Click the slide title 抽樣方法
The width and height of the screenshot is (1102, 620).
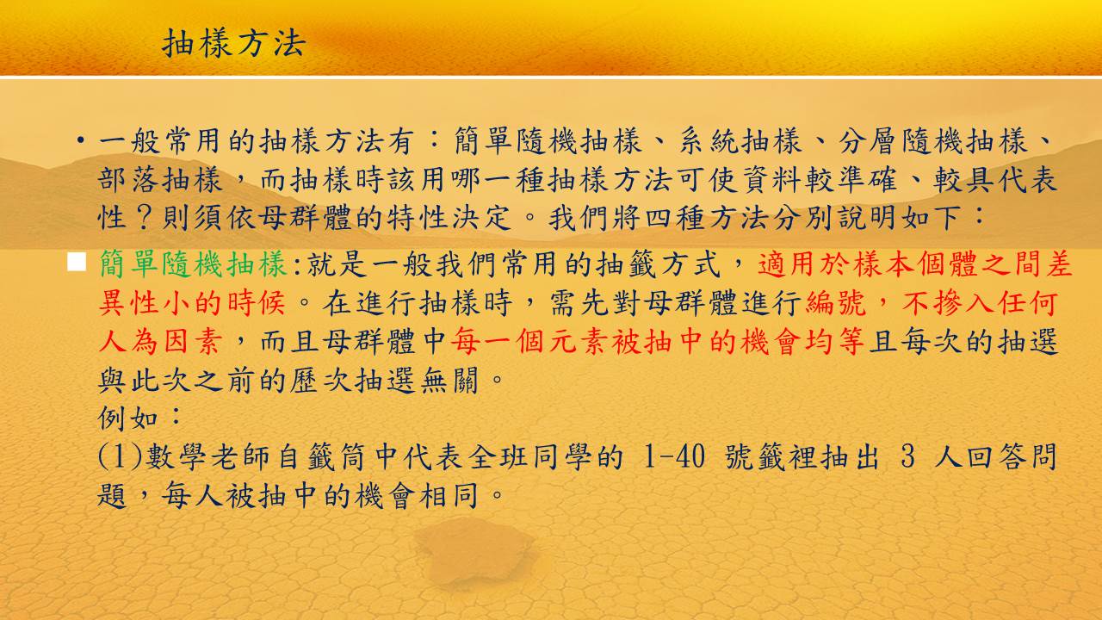coord(234,43)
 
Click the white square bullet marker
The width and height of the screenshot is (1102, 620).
coord(77,263)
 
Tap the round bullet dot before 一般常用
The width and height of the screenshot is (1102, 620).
coord(80,140)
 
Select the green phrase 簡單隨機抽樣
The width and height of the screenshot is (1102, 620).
coord(193,264)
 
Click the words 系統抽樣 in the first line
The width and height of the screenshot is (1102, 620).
coord(741,141)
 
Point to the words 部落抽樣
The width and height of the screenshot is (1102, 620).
coord(160,180)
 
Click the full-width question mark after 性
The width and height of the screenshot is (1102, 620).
coord(144,218)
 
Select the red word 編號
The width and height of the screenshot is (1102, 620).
coord(835,302)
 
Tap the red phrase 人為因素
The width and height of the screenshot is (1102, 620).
coord(160,341)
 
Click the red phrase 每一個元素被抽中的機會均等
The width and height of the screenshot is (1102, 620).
coord(657,341)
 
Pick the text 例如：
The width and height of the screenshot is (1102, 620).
coord(139,418)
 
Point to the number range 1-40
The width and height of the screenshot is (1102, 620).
coord(674,456)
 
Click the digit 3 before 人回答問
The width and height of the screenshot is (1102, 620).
coord(908,456)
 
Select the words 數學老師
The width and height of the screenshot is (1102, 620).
coord(207,456)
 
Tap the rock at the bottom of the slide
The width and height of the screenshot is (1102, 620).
coord(474,551)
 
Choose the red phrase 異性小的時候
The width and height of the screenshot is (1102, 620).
coord(192,302)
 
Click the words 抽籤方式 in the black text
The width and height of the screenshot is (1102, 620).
coord(659,264)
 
